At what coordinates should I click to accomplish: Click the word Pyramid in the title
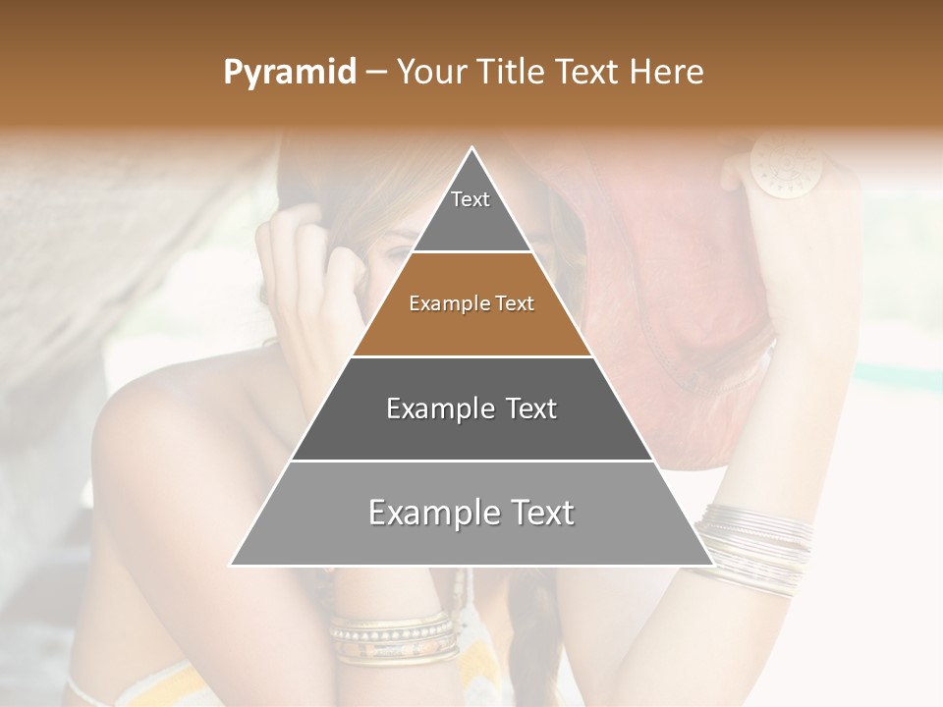tap(289, 73)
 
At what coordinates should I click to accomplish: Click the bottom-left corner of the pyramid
tap(233, 564)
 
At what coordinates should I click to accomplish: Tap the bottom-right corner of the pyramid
tap(710, 564)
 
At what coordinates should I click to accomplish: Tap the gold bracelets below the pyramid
tap(393, 635)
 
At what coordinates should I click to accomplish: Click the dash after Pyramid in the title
tap(375, 73)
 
